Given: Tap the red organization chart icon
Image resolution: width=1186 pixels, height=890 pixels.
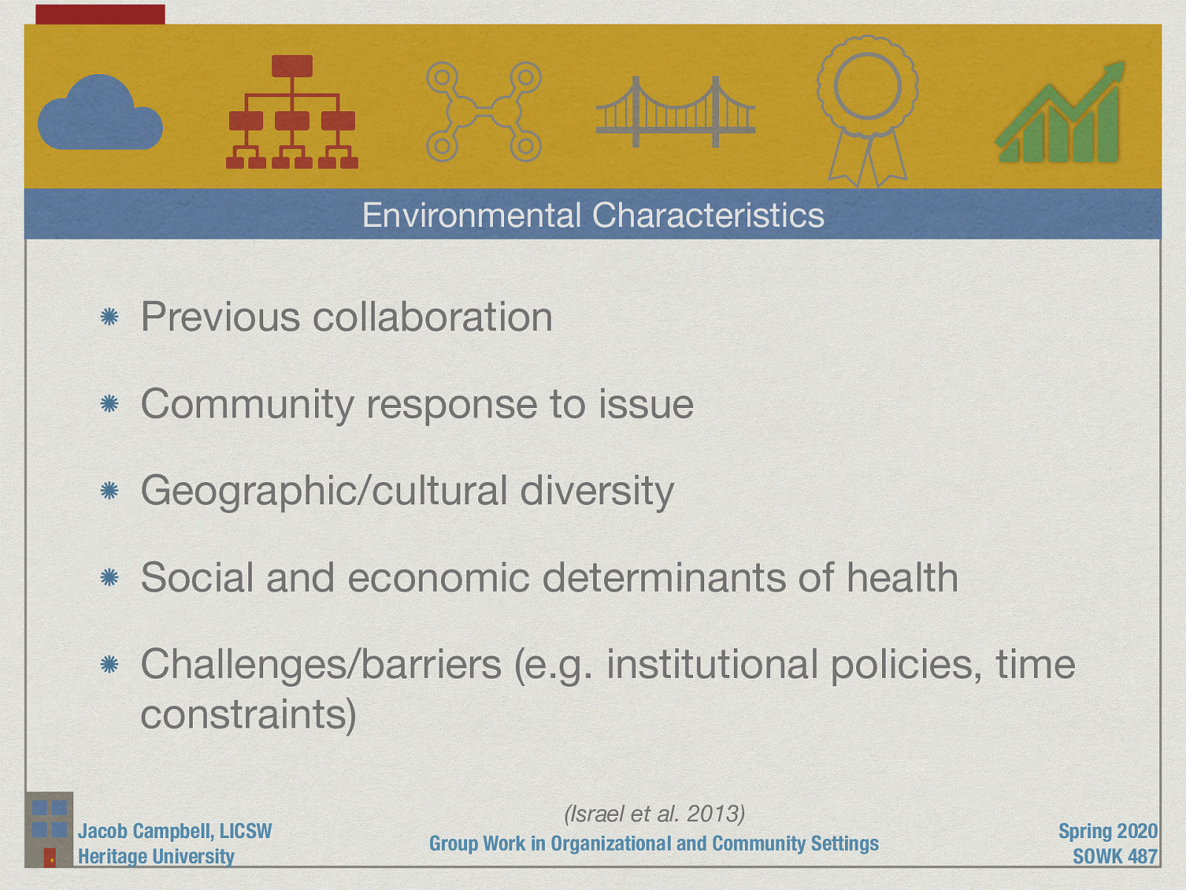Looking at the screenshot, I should point(292,112).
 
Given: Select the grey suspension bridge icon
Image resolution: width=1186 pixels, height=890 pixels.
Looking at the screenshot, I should point(675,113).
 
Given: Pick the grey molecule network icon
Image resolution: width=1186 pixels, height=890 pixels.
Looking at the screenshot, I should point(483,112).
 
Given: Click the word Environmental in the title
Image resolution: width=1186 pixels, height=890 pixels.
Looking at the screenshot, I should point(471,215).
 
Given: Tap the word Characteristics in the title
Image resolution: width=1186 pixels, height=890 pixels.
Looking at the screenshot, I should point(708,215).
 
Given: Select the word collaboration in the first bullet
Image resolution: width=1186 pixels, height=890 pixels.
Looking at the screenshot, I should point(432,317).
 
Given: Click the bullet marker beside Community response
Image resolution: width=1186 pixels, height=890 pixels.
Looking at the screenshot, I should point(110,404).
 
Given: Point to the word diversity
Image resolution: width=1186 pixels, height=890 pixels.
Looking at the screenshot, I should point(597,491).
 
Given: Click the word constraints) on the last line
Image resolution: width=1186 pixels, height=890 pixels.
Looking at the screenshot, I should point(248,714).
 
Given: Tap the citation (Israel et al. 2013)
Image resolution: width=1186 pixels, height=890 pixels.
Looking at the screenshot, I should point(655,814).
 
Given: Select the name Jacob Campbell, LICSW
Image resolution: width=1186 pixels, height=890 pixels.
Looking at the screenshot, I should point(175,831).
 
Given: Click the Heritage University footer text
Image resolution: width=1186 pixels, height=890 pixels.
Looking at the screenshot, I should point(156,856).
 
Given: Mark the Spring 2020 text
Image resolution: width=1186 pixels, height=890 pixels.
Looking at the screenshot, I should point(1107,831).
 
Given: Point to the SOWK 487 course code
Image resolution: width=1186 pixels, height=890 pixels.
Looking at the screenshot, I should point(1115,856).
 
